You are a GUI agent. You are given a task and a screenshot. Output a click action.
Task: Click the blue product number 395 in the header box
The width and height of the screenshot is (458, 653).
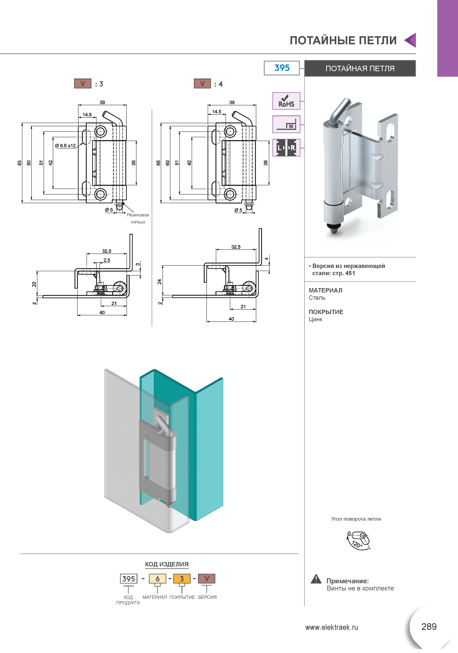tap(282, 68)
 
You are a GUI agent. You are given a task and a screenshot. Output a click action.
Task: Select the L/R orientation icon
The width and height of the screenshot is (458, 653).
tap(286, 148)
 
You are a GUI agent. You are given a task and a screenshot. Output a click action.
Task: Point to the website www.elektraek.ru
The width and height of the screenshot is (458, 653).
tap(332, 627)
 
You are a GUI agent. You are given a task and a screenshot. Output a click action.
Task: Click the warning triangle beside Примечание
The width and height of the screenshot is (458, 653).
tap(316, 579)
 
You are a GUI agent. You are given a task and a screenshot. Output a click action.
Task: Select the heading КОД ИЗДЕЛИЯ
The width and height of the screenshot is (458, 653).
tap(167, 564)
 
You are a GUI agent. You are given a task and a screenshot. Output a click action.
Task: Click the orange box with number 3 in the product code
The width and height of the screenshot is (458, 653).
tap(182, 579)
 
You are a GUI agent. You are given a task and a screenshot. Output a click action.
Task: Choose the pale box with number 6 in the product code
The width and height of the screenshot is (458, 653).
tap(158, 579)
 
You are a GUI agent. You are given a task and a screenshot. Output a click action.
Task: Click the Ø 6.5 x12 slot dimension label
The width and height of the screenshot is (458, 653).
tap(65, 146)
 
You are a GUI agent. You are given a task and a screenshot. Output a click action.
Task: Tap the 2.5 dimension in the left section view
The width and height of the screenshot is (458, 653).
tap(107, 260)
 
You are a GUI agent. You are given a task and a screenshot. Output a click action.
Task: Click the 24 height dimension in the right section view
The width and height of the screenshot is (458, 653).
tap(160, 281)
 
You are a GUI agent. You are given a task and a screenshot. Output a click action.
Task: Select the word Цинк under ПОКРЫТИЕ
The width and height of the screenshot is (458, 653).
tap(315, 319)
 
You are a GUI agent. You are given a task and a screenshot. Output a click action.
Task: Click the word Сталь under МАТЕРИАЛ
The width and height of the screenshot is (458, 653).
tap(317, 298)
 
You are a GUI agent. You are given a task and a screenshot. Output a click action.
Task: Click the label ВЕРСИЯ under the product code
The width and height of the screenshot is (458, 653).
tap(207, 597)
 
